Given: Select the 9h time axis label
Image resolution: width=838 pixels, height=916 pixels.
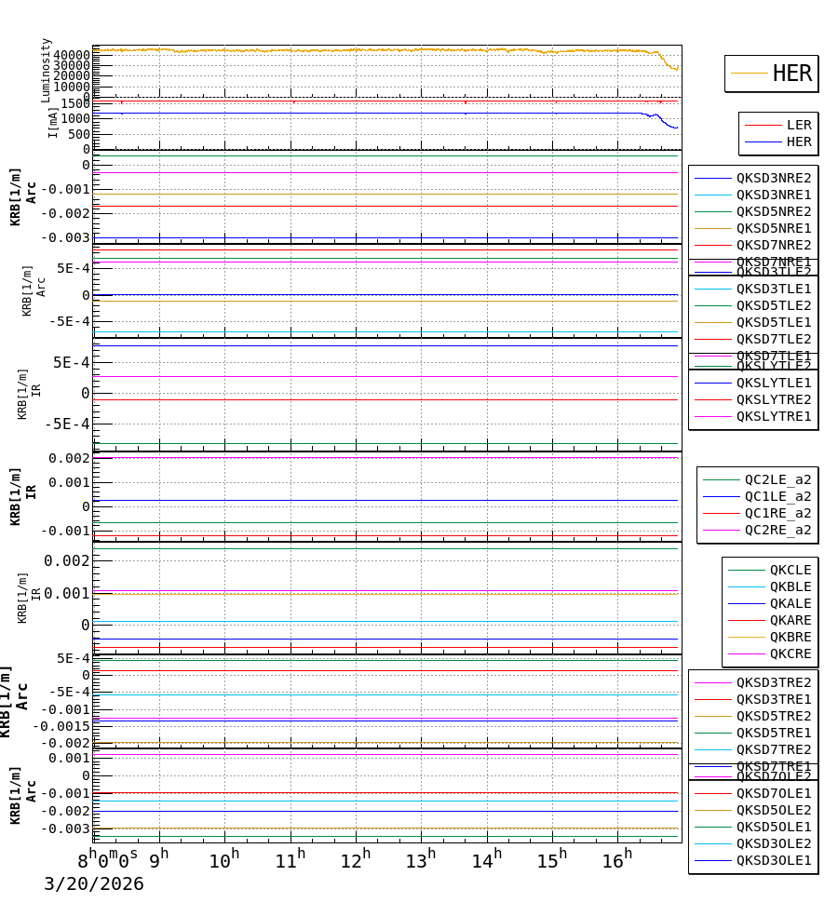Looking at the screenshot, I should (159, 858).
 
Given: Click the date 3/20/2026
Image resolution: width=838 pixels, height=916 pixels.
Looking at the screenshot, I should (94, 884).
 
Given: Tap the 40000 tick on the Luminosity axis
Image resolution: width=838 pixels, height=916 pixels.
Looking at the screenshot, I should (71, 55).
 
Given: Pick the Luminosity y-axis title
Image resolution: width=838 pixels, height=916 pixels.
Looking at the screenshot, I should (46, 70).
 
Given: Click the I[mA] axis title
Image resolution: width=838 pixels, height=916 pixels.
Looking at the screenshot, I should (53, 122).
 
